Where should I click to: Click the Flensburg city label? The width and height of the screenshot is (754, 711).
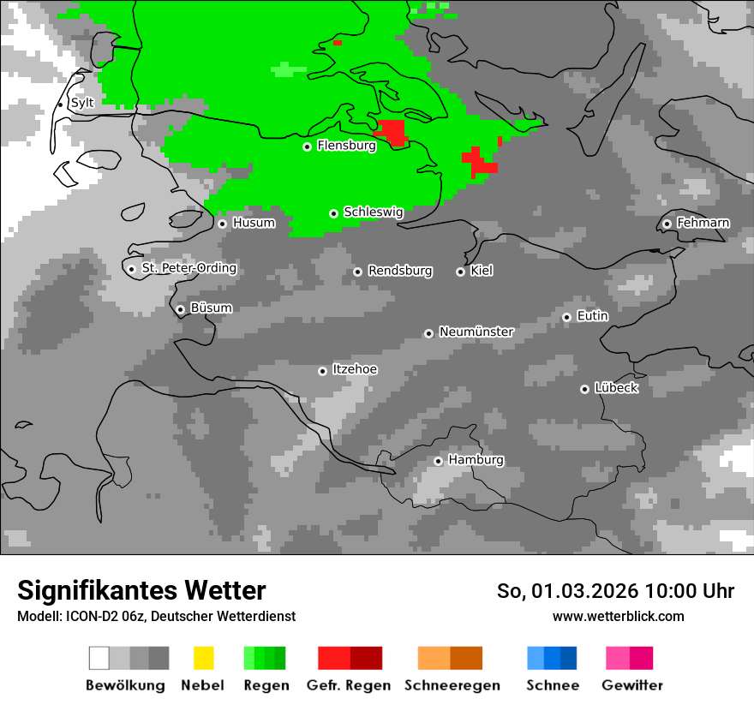[346, 146]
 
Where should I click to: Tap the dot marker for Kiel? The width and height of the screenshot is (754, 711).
[460, 272]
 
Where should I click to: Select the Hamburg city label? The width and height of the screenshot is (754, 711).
[476, 460]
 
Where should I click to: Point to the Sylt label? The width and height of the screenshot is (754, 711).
[82, 103]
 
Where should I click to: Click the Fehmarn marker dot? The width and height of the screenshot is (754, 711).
[667, 224]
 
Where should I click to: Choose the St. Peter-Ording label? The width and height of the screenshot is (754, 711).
[188, 268]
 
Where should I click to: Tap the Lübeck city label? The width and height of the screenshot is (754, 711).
[616, 388]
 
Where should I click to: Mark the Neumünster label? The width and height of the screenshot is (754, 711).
[476, 332]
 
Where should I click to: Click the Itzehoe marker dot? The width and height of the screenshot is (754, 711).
[322, 371]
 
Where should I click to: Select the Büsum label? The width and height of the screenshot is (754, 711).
[211, 308]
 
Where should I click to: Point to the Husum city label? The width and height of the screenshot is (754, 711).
[254, 223]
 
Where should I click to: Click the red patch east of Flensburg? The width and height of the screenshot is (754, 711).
[393, 133]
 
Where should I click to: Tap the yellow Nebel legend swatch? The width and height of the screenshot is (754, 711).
[203, 658]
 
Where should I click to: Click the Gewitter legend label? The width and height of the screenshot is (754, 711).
[632, 685]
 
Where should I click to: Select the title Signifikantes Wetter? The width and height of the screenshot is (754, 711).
[141, 590]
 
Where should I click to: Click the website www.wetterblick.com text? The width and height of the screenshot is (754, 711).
[618, 616]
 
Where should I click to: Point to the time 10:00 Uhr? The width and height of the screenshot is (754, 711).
[690, 591]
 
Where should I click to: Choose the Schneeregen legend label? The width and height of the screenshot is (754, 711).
[452, 685]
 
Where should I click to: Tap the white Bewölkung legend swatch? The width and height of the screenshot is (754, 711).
[99, 658]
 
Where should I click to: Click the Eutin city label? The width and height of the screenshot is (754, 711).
[592, 316]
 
